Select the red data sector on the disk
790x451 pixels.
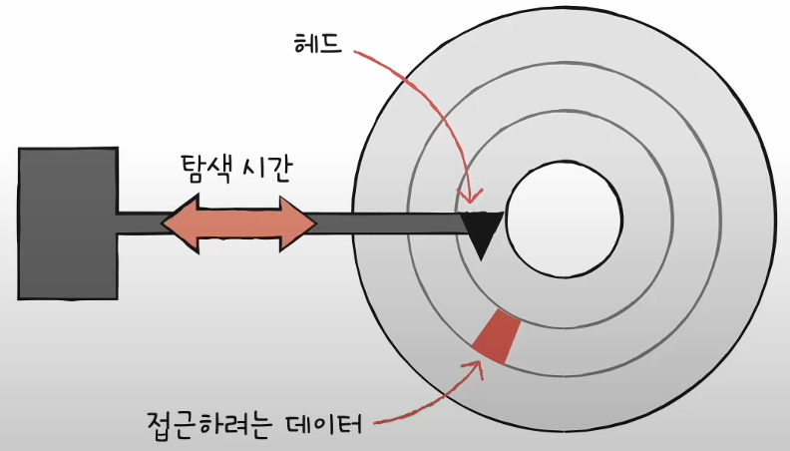tap(496, 336)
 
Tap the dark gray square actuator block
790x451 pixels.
tap(68, 223)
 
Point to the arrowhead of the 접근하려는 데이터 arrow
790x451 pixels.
tap(478, 363)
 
